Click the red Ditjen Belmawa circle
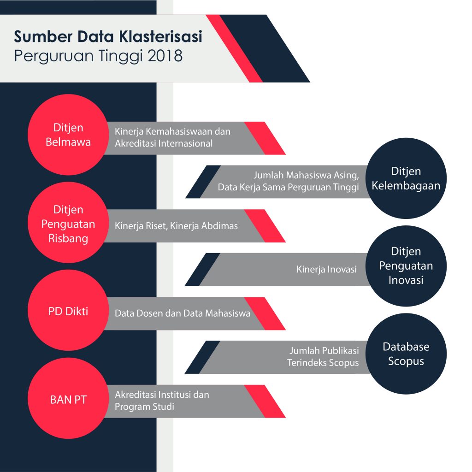68,135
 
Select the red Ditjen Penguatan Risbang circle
68,224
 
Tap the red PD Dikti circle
68,311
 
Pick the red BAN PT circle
68,400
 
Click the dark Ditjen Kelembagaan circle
406,179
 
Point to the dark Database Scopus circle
406,354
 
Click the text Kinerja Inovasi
326,270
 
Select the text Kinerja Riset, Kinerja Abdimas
176,226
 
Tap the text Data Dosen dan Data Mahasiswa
183,313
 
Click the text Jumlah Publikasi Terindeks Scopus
323,357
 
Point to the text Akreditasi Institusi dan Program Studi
162,401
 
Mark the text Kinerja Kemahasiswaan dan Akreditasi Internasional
172,137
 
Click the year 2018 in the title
165,56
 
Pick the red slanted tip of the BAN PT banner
265,401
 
